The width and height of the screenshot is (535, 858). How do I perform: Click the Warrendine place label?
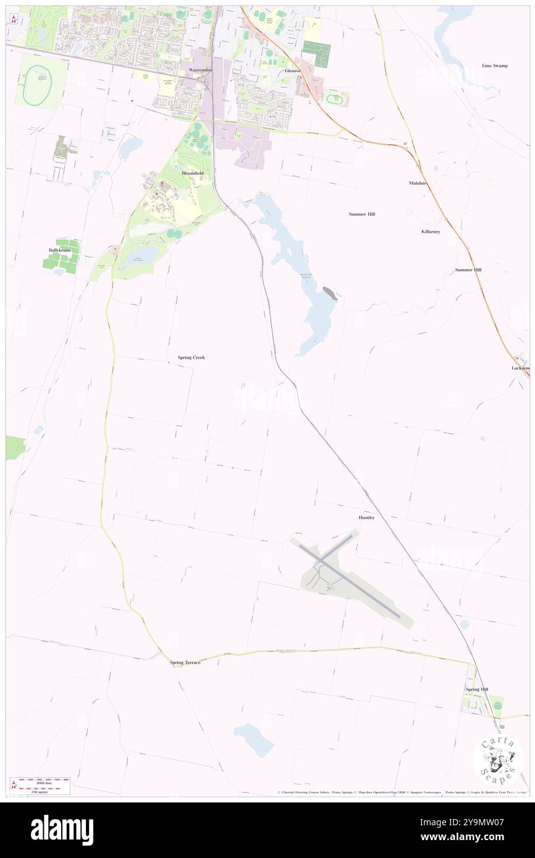tap(201, 71)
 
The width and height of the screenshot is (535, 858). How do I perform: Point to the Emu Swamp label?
tap(495, 65)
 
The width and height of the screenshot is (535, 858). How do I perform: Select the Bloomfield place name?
tap(192, 174)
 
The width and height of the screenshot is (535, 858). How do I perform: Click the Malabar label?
tap(418, 183)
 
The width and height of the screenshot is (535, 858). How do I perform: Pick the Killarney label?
tap(431, 231)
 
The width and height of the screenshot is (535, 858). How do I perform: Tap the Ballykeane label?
tap(60, 250)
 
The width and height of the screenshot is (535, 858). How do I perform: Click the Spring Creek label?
tap(191, 357)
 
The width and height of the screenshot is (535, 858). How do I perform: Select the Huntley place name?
tap(366, 517)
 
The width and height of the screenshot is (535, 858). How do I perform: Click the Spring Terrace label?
tap(185, 663)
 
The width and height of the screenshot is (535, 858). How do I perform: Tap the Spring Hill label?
tap(476, 689)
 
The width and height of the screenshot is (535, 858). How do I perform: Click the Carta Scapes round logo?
tap(498, 760)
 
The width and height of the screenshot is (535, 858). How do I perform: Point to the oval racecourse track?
tap(36, 86)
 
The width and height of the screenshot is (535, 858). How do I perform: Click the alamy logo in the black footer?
tap(62, 830)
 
